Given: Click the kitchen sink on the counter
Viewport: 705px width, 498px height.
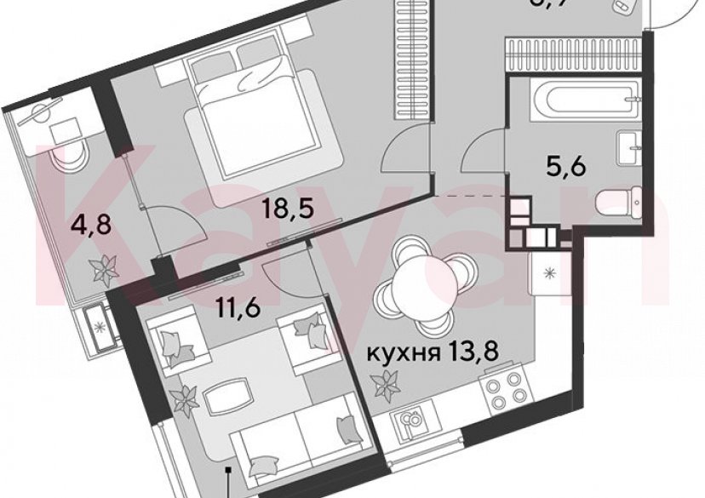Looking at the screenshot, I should click(409, 424).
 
